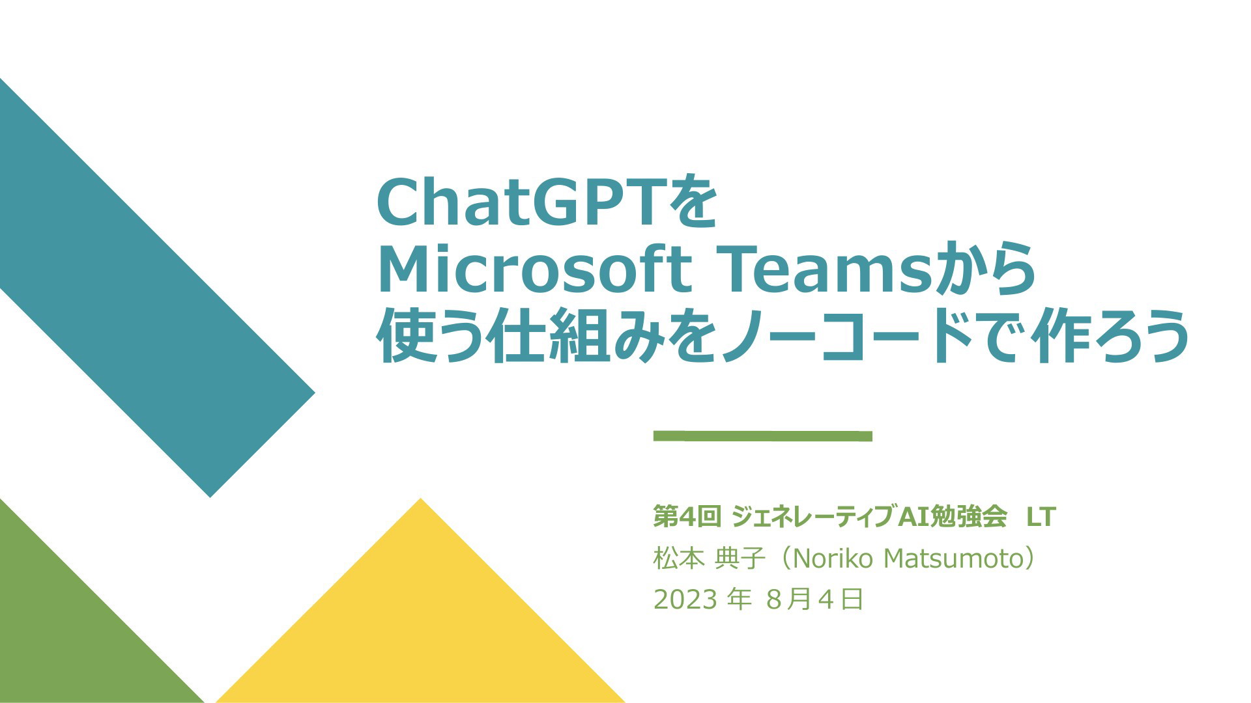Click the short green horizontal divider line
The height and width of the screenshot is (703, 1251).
click(762, 436)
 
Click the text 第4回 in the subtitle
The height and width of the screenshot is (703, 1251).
click(687, 517)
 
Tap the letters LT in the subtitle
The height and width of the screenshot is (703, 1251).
click(1041, 517)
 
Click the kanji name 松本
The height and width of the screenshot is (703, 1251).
click(678, 558)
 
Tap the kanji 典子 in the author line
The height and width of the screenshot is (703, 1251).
click(740, 558)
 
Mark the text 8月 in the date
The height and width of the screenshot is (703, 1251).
click(789, 600)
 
